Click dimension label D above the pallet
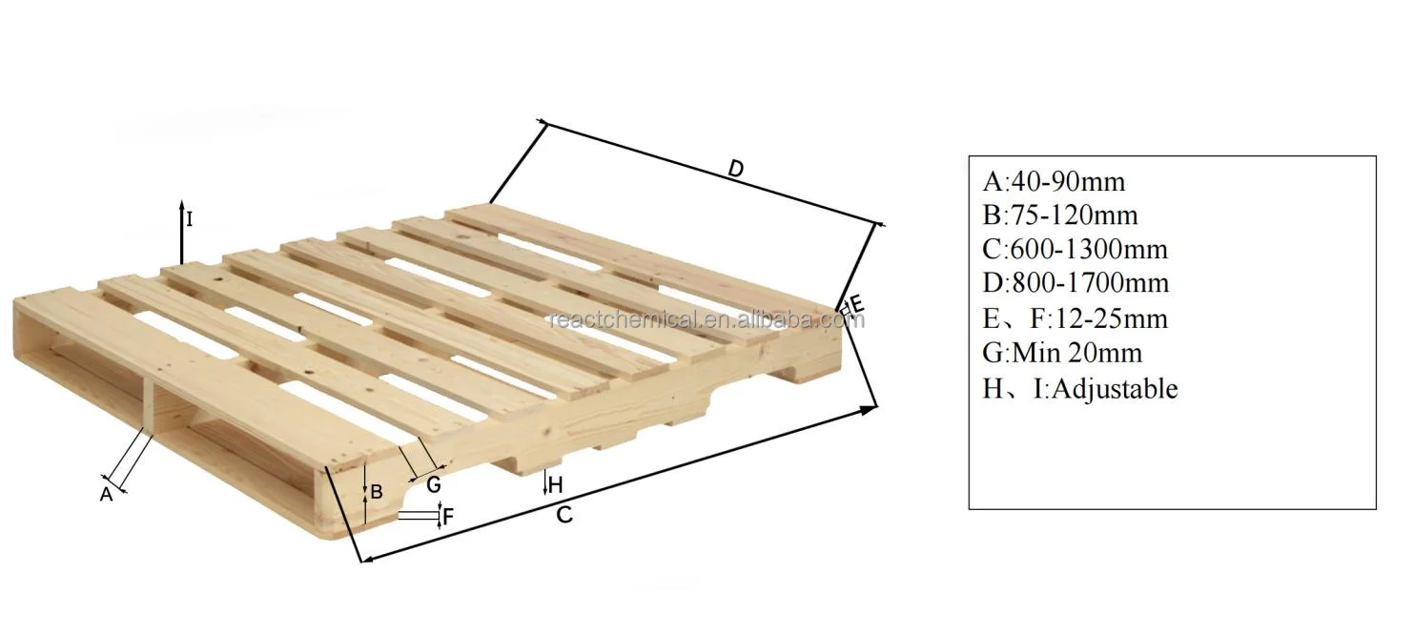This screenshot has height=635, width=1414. (735, 169)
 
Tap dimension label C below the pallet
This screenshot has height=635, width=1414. (564, 515)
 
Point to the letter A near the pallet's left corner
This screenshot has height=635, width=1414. (107, 494)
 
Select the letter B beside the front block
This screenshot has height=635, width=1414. (377, 492)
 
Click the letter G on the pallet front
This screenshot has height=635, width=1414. (434, 484)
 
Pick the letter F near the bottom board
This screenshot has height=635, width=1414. (448, 518)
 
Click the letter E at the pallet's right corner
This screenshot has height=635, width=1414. (856, 305)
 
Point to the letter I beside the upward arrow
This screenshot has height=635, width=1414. (189, 219)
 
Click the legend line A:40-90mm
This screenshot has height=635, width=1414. (1054, 181)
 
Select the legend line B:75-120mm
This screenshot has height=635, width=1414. (1059, 215)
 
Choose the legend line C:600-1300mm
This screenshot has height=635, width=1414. (1075, 250)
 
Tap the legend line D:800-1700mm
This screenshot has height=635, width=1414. (1076, 284)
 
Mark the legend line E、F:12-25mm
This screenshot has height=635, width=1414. (1075, 318)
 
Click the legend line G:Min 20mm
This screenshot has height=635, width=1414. (1062, 353)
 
